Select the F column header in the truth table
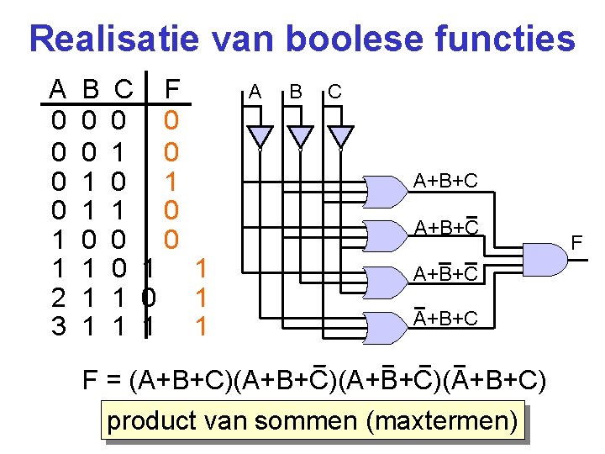pyautogui.click(x=171, y=87)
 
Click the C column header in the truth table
pyautogui.click(x=123, y=87)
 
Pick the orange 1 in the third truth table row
pyautogui.click(x=171, y=181)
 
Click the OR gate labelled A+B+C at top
pyautogui.click(x=390, y=193)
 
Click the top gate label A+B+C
pyautogui.click(x=445, y=181)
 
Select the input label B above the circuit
pyautogui.click(x=295, y=91)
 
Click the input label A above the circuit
pyautogui.click(x=255, y=91)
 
